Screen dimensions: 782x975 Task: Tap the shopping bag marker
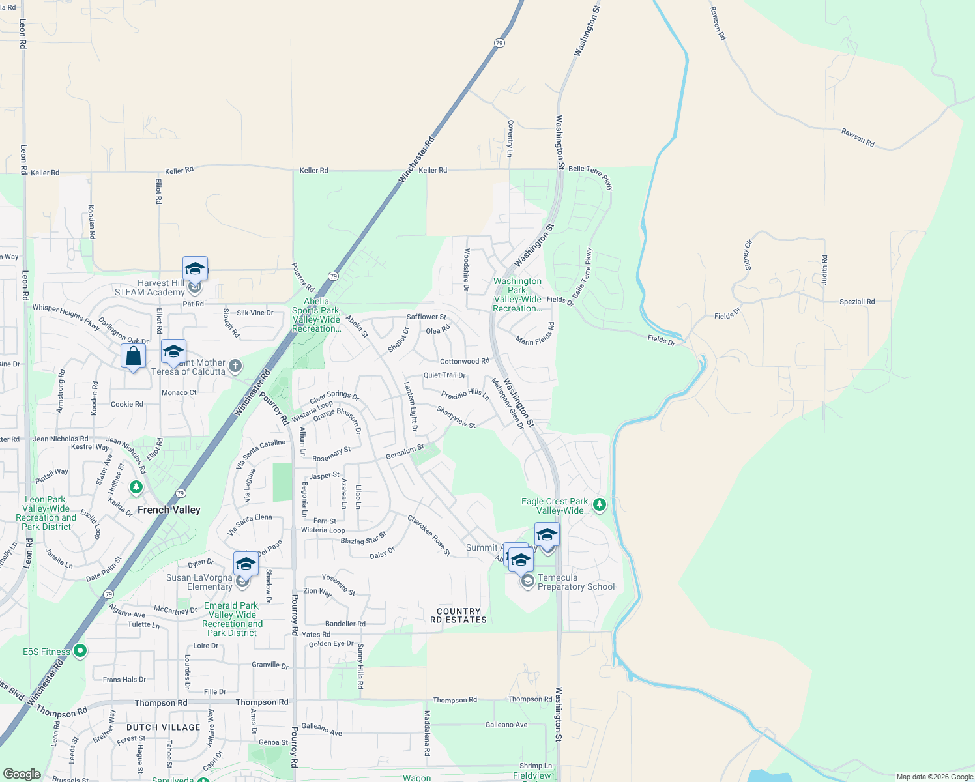click(x=134, y=356)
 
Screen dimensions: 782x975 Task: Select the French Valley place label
click(x=169, y=510)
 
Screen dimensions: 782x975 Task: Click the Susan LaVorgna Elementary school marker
click(x=246, y=564)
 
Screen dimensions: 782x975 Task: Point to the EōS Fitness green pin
click(x=80, y=651)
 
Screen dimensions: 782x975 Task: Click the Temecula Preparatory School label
click(x=576, y=582)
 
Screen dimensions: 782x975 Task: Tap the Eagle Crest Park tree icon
click(x=600, y=504)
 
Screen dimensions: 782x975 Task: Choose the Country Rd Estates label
click(x=459, y=616)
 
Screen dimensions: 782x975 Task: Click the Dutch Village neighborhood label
click(x=164, y=727)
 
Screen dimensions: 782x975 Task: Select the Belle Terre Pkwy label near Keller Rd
click(x=590, y=177)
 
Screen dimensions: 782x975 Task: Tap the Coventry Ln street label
click(x=510, y=138)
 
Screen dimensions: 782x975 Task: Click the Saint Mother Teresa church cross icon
click(x=235, y=366)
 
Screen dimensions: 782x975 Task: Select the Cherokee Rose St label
click(x=429, y=536)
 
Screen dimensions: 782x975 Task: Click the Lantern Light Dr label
click(x=411, y=407)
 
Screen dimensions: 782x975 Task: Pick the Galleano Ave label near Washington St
click(x=506, y=725)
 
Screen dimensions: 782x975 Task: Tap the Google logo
click(x=22, y=774)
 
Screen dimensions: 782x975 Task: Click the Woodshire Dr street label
click(x=467, y=269)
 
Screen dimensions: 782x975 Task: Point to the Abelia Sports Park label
click(x=316, y=315)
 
